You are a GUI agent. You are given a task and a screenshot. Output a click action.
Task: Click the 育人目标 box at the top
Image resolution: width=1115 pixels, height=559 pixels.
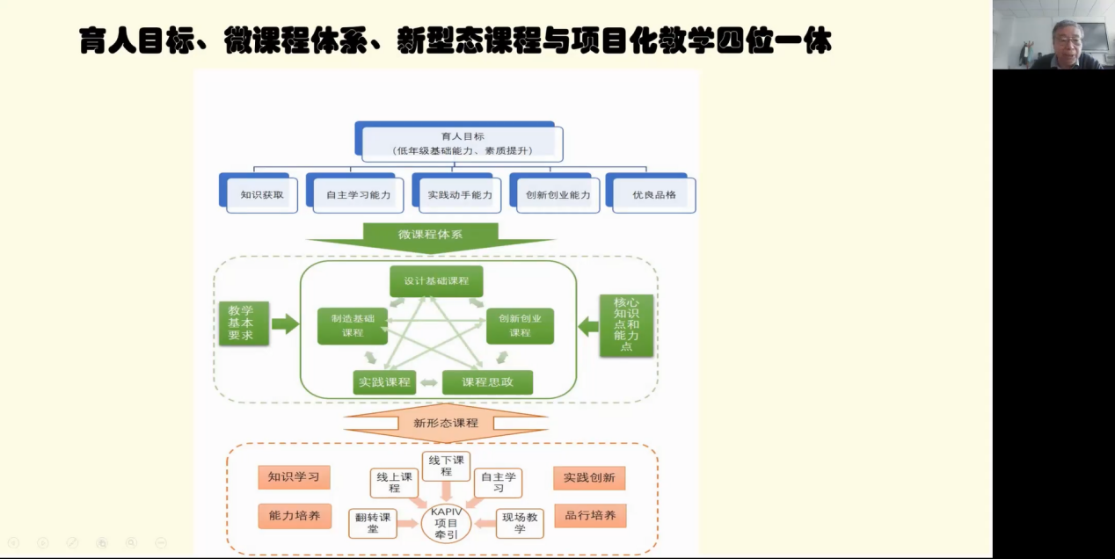[463, 143]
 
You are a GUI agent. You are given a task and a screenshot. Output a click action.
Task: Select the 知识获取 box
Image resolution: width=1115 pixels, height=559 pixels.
[262, 195]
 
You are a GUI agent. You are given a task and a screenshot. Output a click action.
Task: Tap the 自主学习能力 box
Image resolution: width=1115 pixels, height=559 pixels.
[358, 195]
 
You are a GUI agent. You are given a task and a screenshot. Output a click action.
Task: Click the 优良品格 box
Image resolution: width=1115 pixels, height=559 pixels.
[654, 195]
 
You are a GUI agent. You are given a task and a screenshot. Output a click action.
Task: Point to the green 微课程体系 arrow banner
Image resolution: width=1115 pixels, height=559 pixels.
[430, 236]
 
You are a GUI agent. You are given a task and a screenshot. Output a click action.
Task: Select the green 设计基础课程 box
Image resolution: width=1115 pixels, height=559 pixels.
[437, 281]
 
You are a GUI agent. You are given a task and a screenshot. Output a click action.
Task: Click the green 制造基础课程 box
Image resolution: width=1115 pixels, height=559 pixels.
[353, 325]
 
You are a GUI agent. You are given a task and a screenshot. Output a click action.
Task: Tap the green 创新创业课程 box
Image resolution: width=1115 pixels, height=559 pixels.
[520, 325]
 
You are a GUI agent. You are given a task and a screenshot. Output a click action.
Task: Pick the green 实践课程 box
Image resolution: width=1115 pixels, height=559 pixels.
[385, 382]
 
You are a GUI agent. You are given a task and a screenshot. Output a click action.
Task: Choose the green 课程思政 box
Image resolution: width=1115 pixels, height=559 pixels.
[486, 382]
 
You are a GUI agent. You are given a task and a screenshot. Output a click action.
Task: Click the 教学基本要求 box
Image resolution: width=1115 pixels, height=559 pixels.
[244, 323]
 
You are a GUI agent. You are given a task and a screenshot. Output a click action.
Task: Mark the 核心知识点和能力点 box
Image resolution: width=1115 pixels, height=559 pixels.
[626, 325]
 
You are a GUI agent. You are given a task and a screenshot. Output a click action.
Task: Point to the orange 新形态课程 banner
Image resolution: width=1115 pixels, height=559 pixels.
[446, 423]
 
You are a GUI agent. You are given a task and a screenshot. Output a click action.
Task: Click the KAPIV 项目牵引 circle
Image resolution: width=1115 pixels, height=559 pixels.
[447, 524]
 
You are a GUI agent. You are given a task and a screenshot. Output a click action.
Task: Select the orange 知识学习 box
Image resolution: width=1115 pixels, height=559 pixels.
[294, 477]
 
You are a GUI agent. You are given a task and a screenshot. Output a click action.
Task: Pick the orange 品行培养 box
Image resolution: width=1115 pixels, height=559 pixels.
[590, 516]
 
